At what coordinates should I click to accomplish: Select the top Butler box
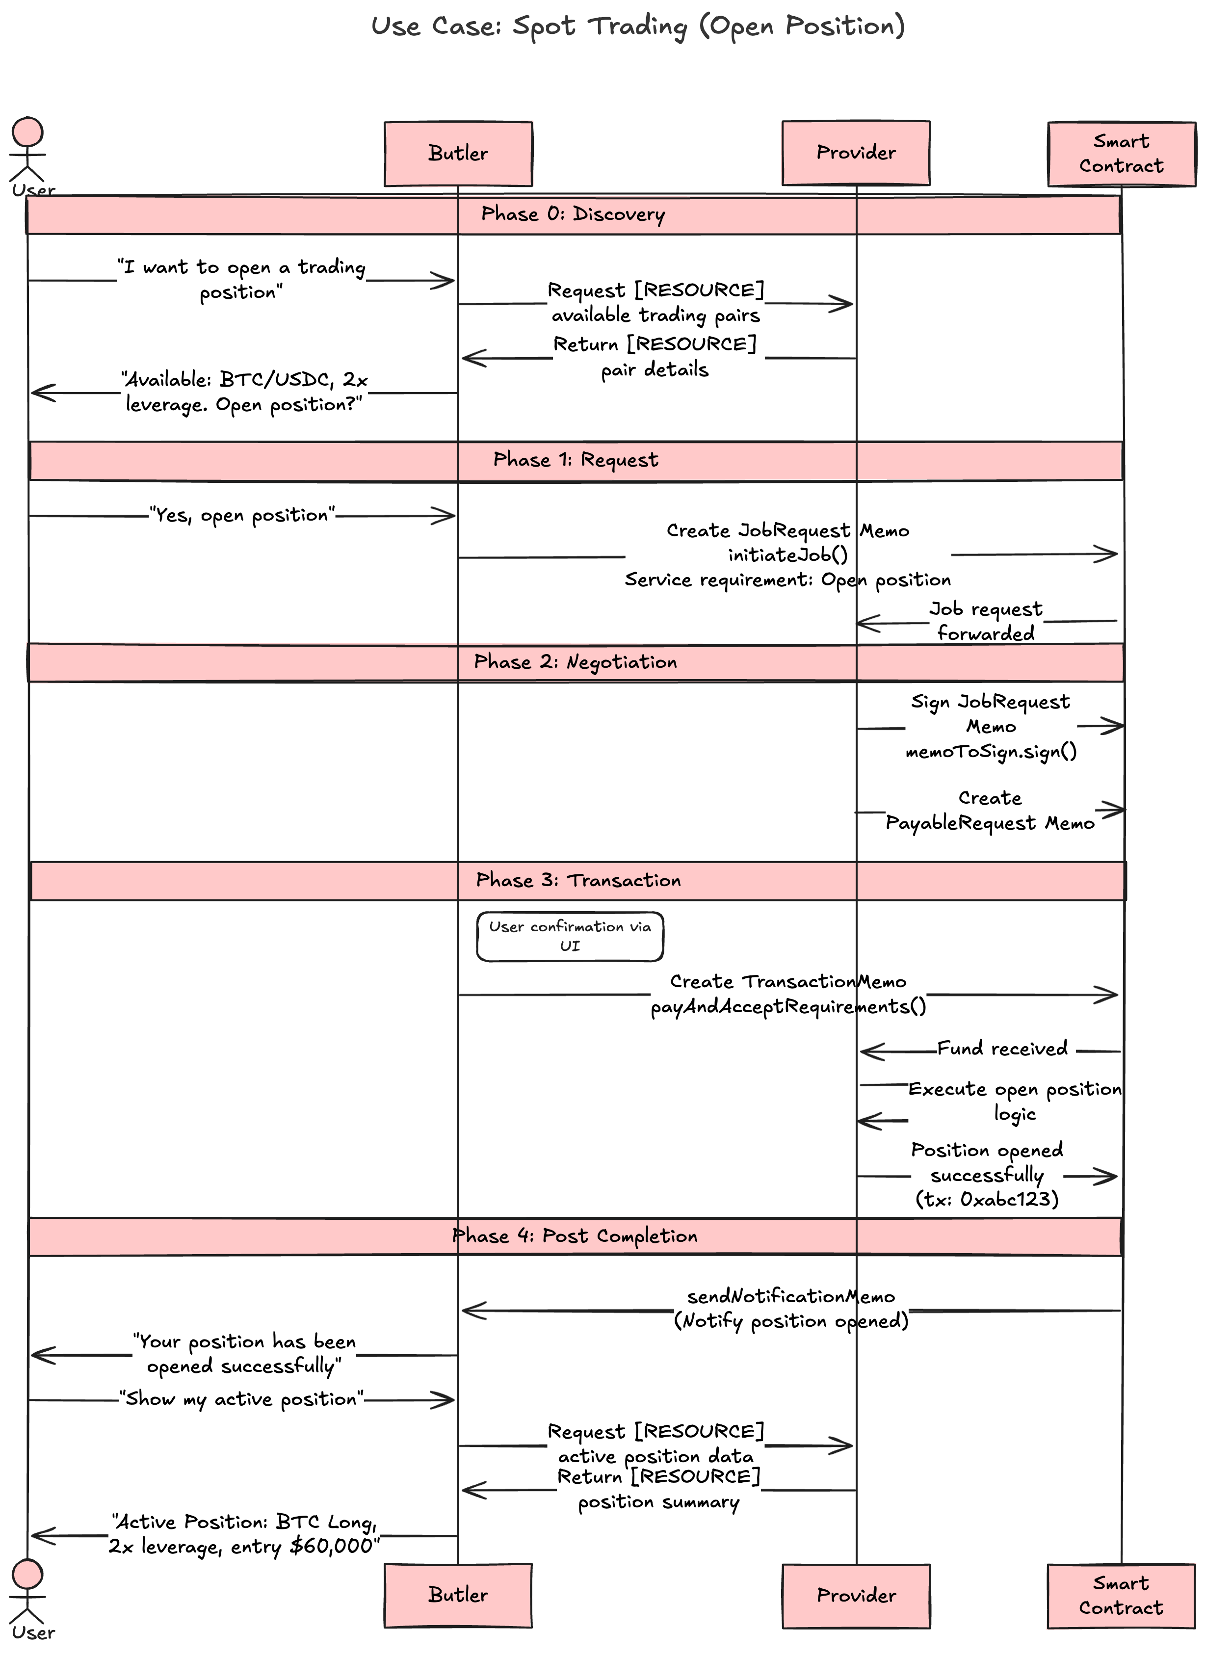pos(458,153)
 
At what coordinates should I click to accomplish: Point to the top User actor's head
pos(28,133)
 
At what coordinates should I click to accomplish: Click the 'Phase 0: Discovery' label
pos(573,214)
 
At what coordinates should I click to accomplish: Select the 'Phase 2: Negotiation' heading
pos(575,662)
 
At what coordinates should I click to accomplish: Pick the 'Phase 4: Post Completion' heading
pos(575,1235)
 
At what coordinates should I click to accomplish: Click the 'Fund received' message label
pos(1002,1049)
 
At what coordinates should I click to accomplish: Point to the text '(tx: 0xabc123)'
pos(987,1199)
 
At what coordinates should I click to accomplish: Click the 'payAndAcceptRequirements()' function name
pos(788,1007)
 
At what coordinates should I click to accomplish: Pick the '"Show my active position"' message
pos(241,1399)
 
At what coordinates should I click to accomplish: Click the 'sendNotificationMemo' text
pos(790,1296)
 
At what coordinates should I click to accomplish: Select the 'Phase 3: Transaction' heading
pos(578,880)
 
